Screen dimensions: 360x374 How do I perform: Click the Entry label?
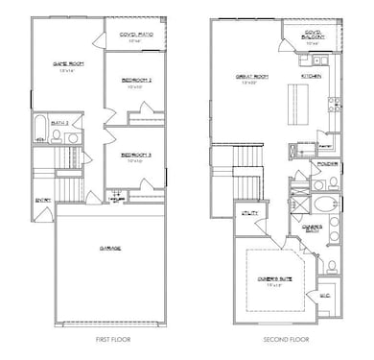(42, 200)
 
